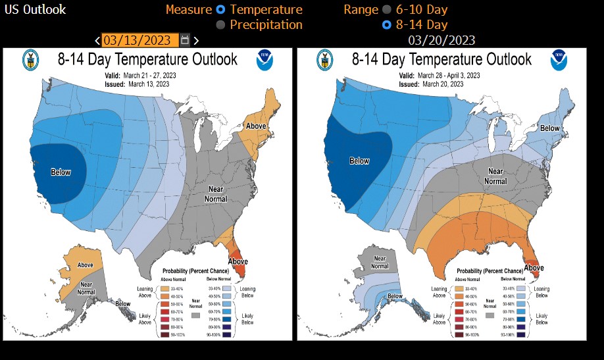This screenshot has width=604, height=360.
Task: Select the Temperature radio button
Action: pos(220,10)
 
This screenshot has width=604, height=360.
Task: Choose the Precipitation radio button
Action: pos(220,25)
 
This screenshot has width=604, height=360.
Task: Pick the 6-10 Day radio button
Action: pos(386,10)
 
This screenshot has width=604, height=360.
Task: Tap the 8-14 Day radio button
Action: pos(386,25)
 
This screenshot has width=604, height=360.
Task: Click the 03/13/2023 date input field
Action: pos(139,40)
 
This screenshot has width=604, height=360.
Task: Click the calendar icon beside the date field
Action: pos(185,40)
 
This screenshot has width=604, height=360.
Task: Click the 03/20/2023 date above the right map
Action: pos(441,40)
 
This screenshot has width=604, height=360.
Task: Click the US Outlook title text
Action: pos(35,10)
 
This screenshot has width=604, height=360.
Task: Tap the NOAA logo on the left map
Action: pos(265,61)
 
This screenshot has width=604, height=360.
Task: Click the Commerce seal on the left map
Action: pos(29,61)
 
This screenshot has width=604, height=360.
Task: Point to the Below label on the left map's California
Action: pos(61,172)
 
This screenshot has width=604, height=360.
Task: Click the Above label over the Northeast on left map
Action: pos(255,126)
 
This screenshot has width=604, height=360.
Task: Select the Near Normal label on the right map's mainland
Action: pos(495,176)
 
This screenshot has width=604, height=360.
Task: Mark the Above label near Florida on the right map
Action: pos(533,268)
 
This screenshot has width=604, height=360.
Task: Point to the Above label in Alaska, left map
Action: pos(86,265)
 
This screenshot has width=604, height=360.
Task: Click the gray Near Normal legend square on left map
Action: pos(195,315)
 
